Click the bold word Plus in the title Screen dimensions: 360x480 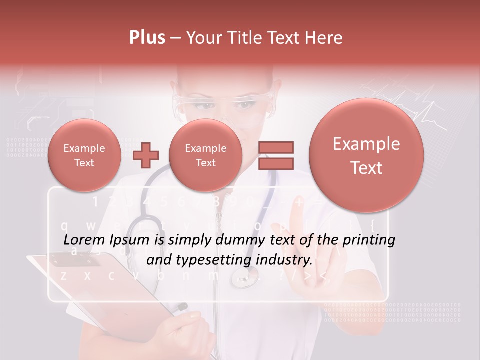click(147, 38)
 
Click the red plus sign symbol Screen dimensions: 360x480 click(146, 155)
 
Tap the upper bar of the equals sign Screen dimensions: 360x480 click(275, 147)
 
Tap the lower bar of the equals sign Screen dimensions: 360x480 click(275, 163)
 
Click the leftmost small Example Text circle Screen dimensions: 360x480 click(84, 155)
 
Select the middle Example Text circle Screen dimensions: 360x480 click(205, 155)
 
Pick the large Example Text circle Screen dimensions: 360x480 click(366, 155)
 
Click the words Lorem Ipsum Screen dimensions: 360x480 click(106, 240)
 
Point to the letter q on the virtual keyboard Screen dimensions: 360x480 click(64, 225)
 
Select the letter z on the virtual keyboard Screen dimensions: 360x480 click(63, 275)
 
